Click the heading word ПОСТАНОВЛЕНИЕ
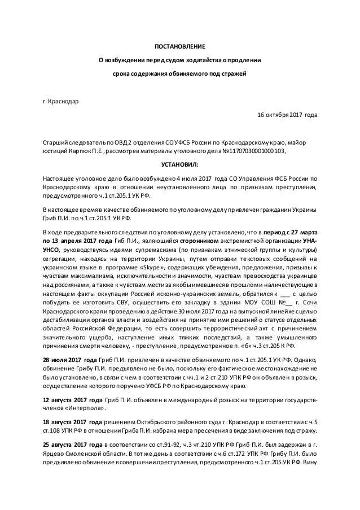180,45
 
